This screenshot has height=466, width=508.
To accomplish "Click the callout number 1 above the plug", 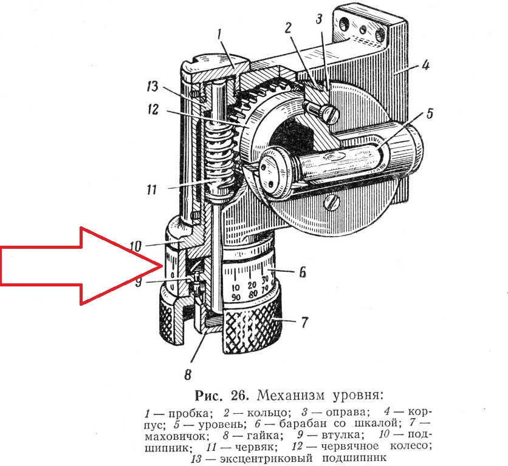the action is pos(219,35).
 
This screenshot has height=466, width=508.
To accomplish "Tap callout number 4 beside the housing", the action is pos(425,65).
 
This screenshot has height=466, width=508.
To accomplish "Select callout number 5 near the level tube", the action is pos(430,114).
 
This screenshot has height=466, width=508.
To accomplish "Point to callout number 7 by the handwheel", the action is pos(304,322).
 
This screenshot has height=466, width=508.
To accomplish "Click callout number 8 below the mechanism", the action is pos(188,374).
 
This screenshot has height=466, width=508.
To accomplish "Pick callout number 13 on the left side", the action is pos(152,86).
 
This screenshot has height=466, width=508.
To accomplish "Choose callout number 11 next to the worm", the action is pos(151,189).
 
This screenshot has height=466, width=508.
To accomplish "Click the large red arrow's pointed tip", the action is pos(162,266).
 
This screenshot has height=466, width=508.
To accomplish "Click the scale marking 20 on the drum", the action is pos(252,285).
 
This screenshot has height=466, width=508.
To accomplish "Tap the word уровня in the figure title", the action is pos(358,396).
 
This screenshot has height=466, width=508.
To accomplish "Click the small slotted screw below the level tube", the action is pos(333,203).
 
